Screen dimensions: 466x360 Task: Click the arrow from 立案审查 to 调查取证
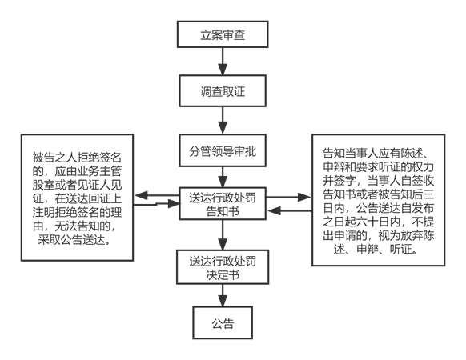coord(223,61)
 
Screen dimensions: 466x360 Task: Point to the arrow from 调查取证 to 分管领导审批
coord(223,120)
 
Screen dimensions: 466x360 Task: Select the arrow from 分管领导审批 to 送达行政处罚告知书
coord(223,177)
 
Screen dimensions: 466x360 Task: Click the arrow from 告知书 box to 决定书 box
coord(223,234)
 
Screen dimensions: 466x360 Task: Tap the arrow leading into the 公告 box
coord(223,295)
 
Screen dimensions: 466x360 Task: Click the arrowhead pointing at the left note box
coord(141,196)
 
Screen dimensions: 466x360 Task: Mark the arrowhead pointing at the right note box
coord(304,197)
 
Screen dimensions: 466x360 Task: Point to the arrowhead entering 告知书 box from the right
coord(275,211)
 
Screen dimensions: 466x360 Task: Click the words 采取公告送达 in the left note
coord(71,240)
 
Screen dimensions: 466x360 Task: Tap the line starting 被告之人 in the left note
coord(77,158)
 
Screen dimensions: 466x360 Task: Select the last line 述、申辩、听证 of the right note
coord(375,250)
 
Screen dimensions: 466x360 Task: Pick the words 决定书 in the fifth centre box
coord(223,274)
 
